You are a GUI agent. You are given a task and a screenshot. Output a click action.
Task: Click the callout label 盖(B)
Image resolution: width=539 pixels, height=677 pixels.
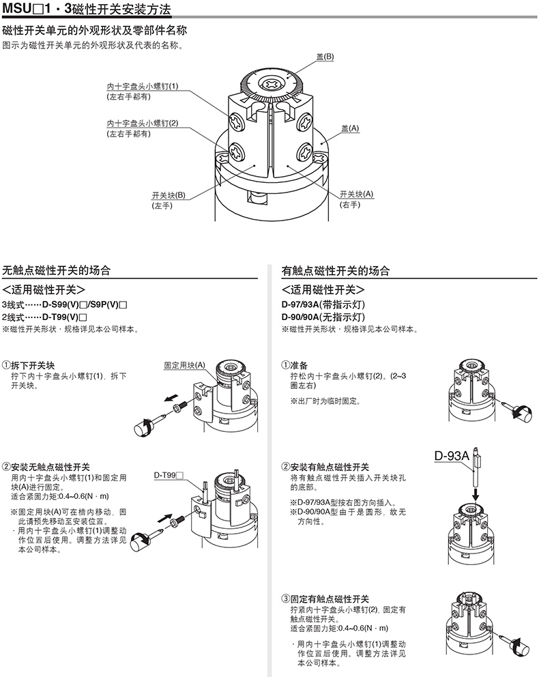point(325,57)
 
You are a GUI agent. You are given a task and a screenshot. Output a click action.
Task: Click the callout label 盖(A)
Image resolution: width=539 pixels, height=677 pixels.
point(350,128)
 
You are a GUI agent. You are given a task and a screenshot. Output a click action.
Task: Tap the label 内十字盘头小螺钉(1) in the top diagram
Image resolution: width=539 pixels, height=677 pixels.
point(143,87)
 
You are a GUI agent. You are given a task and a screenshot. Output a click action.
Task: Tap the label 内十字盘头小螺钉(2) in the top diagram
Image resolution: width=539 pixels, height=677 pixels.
point(143,124)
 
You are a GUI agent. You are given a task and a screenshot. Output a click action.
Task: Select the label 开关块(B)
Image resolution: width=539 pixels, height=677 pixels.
point(169,195)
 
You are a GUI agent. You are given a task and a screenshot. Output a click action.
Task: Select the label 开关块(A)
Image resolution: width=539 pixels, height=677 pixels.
point(356,195)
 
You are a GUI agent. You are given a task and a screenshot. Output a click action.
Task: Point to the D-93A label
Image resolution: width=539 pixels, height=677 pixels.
point(452,455)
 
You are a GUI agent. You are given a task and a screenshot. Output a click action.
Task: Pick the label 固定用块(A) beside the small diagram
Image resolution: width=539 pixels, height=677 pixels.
point(184,365)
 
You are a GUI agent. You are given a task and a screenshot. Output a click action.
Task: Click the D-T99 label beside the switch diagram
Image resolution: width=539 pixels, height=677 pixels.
point(169,476)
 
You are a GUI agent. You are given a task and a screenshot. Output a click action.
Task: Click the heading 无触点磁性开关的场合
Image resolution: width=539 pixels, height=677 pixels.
point(57,271)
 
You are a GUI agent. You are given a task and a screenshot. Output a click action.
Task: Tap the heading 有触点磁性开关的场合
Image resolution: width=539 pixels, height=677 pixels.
point(336,271)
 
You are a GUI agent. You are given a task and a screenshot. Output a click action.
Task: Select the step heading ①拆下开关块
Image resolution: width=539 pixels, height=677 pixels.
point(29,365)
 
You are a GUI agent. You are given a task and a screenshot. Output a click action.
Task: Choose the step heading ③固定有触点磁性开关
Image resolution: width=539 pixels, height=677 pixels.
point(325,599)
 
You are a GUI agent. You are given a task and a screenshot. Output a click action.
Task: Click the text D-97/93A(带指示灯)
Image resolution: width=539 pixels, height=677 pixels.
point(323,304)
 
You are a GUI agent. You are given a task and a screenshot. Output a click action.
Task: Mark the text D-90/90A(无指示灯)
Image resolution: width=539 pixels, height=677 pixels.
point(323,317)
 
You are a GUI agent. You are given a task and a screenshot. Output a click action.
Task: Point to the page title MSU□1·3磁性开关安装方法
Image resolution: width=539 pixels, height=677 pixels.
point(87,9)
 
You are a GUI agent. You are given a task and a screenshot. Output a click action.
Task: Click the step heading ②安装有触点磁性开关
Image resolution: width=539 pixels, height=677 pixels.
point(325,467)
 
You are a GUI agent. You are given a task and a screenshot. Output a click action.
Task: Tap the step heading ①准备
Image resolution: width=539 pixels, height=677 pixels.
point(294,365)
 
